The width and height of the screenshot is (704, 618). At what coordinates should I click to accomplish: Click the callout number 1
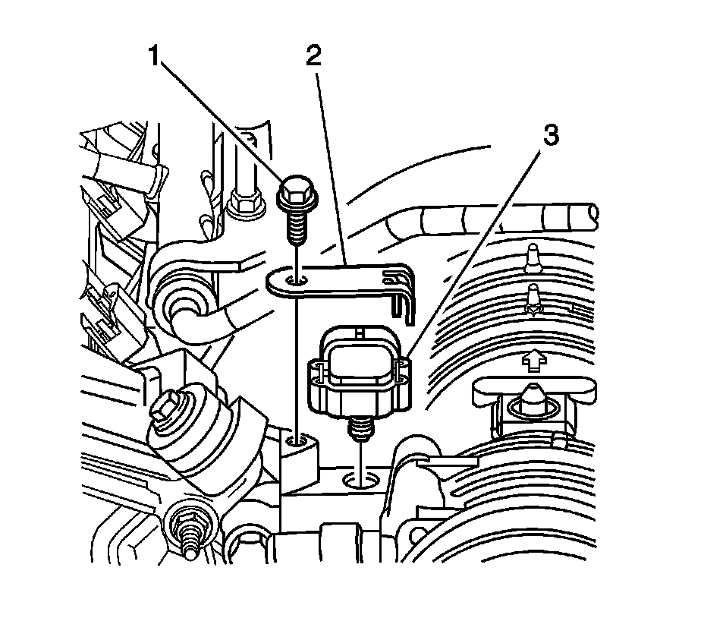click(156, 58)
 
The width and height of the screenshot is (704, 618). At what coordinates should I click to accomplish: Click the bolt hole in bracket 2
click(297, 282)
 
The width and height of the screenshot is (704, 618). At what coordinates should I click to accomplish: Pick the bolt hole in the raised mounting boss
click(298, 440)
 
